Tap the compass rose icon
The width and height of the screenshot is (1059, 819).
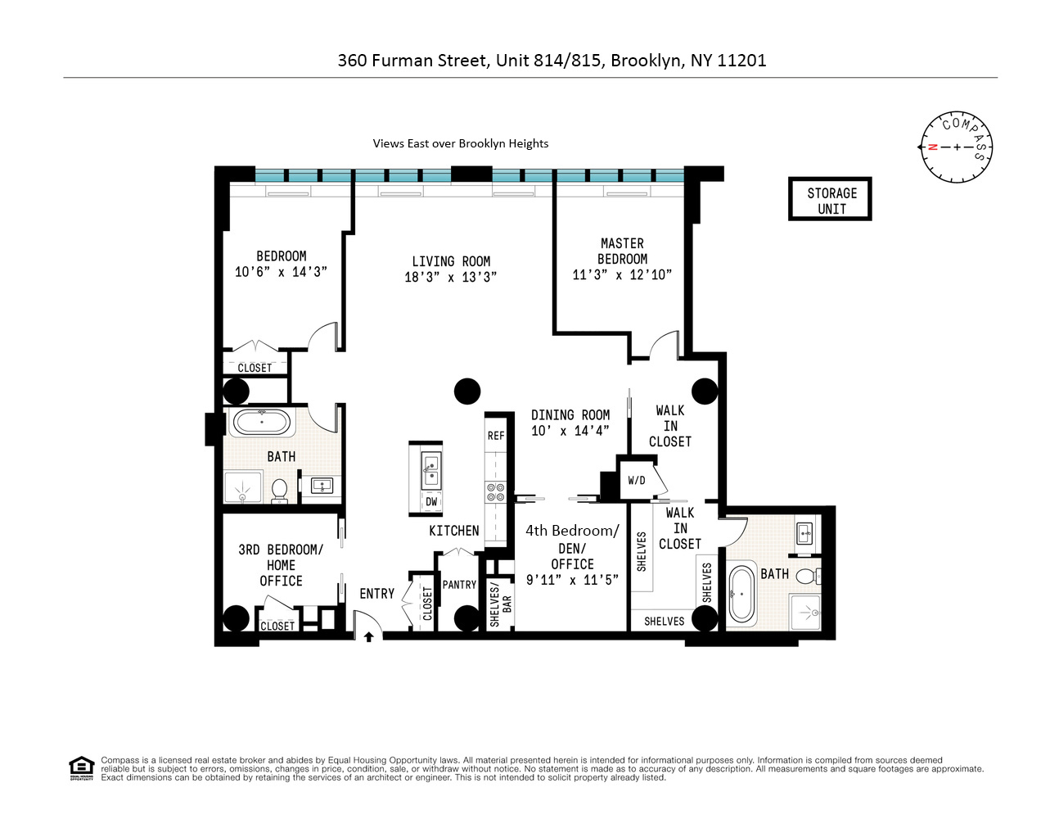click(956, 147)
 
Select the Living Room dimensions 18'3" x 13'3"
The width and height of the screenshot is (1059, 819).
click(450, 277)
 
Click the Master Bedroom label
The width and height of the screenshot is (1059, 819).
click(622, 251)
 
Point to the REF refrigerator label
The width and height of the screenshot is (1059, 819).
click(496, 436)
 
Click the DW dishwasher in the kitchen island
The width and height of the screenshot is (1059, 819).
click(431, 501)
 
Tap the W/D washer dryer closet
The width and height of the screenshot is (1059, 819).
click(637, 481)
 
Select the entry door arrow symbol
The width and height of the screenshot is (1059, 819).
click(369, 636)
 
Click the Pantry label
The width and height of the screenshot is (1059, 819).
click(459, 585)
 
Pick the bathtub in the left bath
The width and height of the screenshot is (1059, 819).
click(261, 423)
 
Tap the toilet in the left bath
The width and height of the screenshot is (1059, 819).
click(279, 490)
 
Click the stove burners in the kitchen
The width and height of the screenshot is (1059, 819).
click(496, 491)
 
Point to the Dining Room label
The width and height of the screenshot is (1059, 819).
click(570, 415)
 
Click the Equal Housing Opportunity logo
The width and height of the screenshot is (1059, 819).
click(82, 768)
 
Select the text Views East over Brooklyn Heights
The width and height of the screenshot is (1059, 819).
click(461, 143)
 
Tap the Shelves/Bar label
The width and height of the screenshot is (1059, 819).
click(500, 605)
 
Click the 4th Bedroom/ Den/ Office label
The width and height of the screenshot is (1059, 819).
click(572, 547)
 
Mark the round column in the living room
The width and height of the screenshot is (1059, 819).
click(467, 391)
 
